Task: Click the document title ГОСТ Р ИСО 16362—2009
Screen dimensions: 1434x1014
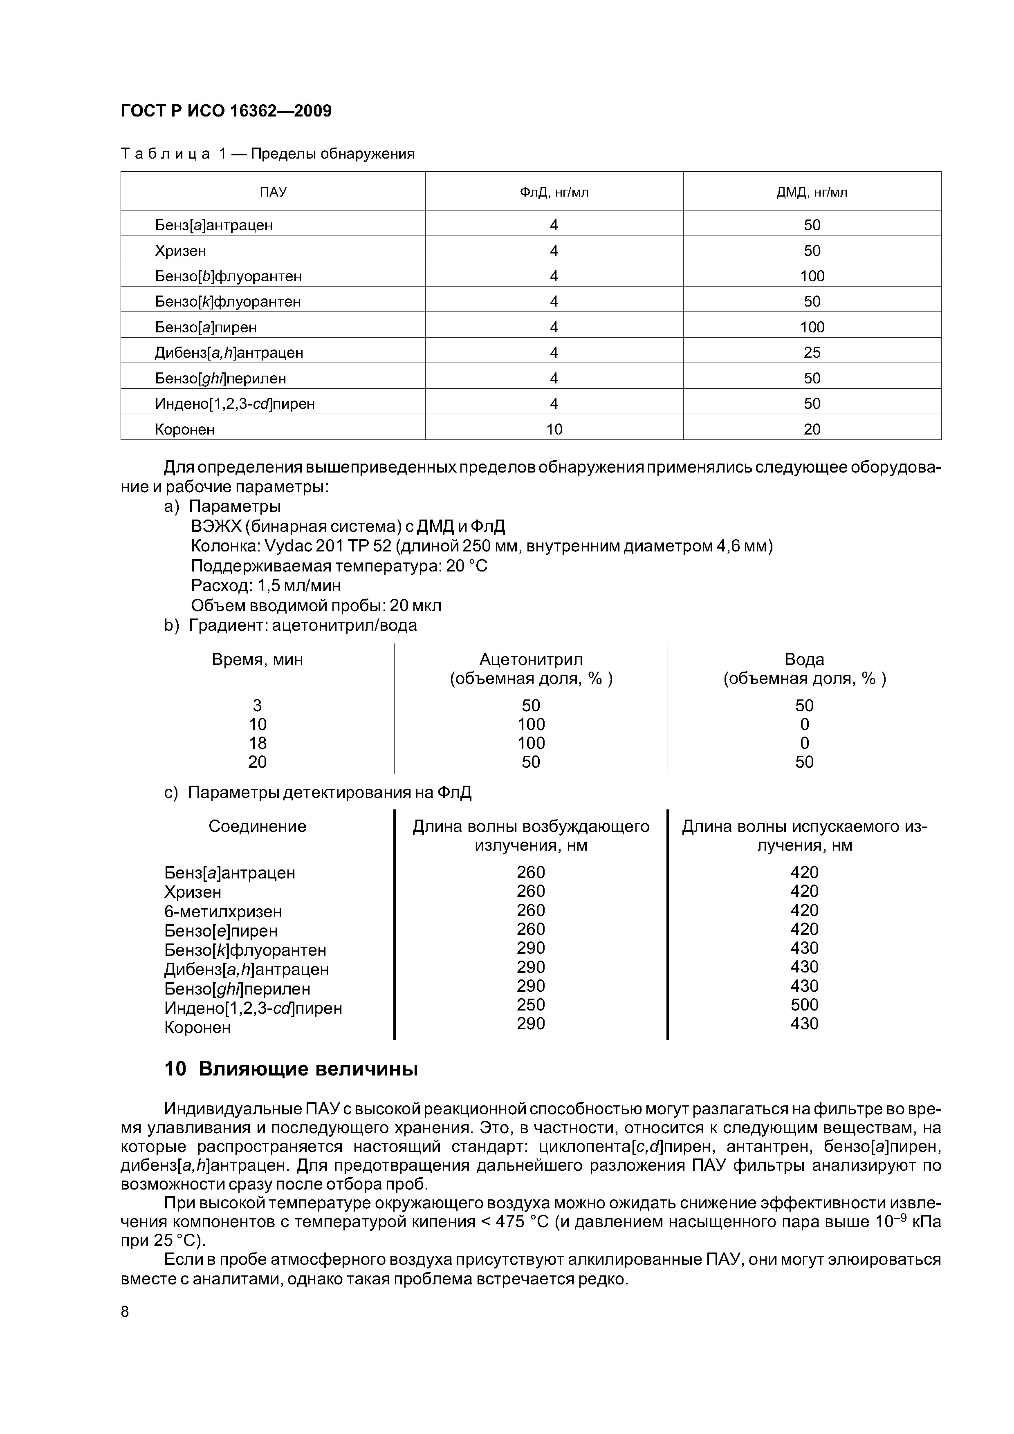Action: click(226, 111)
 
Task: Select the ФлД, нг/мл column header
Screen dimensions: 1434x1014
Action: click(554, 193)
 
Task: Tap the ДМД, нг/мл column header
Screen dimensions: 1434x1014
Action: click(812, 193)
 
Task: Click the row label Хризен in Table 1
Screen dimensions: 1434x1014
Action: click(181, 251)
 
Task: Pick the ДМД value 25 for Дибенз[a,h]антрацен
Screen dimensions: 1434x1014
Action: click(812, 353)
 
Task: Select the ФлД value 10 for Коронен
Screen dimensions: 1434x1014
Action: click(554, 430)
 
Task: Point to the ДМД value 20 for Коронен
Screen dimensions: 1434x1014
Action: click(812, 430)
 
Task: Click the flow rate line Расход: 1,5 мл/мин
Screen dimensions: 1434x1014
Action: click(265, 586)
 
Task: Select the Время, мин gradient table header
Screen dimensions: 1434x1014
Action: click(258, 660)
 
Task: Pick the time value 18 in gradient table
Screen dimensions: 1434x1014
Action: click(258, 743)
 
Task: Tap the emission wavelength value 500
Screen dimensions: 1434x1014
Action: click(804, 1005)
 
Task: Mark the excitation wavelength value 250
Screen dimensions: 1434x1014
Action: click(530, 1005)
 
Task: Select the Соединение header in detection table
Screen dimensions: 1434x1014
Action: click(258, 827)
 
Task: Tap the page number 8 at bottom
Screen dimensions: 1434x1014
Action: click(125, 1312)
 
